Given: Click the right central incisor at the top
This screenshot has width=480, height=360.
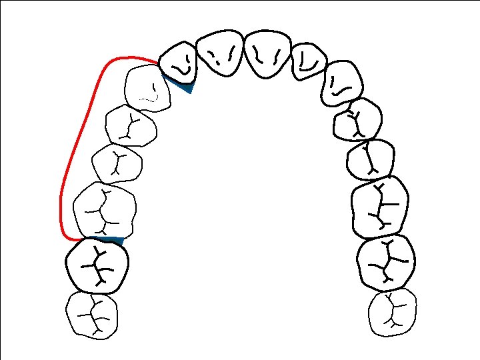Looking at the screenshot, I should point(268,53).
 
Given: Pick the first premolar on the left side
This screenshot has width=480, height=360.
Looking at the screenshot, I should point(131,125).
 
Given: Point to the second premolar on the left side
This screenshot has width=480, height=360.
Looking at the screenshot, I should point(117,163).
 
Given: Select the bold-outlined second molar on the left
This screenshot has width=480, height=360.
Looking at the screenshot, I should point(99,265).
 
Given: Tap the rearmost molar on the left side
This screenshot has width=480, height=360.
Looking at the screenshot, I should point(92,315).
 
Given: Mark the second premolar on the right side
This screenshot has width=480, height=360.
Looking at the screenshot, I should point(371,160).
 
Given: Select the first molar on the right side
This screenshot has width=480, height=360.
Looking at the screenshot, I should point(379,207).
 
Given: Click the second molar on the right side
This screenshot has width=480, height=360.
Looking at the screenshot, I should point(385,261).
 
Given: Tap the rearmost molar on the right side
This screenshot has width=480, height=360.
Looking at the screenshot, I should point(393,312).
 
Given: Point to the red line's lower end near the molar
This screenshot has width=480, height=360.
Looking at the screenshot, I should point(80,238).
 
